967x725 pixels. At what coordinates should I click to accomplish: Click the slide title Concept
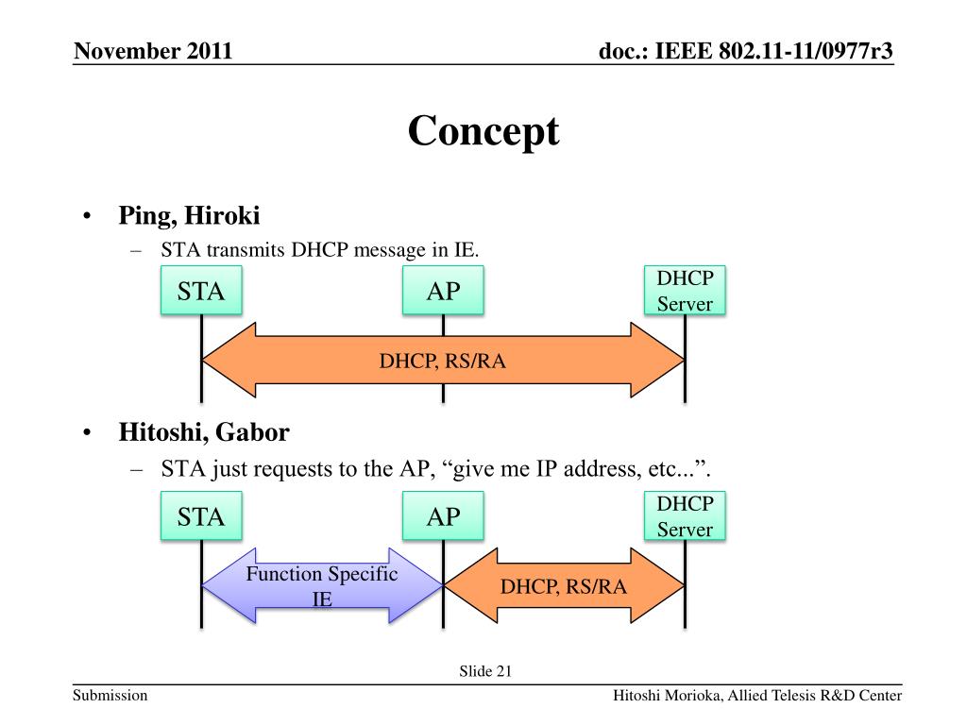point(483,130)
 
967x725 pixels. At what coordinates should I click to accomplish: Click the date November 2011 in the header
point(153,51)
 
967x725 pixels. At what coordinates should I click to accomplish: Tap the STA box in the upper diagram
point(201,291)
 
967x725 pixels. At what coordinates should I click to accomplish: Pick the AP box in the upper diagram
point(443,291)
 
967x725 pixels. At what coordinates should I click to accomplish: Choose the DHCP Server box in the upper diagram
point(685,291)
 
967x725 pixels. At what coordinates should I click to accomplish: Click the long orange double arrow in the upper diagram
point(443,360)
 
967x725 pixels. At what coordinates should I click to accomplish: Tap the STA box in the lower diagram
point(201,516)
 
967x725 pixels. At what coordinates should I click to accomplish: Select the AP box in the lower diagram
point(443,516)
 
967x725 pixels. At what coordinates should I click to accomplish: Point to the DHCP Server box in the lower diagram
point(685,516)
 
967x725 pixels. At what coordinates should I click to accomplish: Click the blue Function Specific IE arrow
point(322,585)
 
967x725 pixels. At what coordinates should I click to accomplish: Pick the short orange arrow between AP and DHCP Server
point(564,586)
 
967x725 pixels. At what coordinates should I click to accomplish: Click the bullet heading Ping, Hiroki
point(189,216)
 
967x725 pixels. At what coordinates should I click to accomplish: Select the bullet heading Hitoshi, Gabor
point(204,432)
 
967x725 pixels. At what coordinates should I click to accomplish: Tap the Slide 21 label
point(485,671)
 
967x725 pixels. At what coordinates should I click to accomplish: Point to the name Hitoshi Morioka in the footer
point(668,697)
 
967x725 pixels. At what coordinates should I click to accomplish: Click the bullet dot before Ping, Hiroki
point(86,217)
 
